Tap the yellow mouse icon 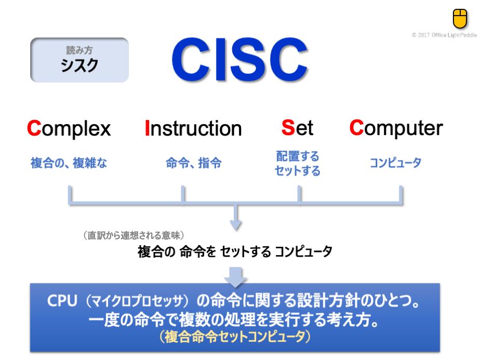460,18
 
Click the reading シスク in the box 79,65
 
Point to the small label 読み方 79,50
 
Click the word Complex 69,129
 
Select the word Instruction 193,128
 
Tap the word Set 297,128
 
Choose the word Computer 396,128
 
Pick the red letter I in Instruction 147,128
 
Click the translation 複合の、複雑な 69,163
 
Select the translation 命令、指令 193,163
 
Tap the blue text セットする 297,171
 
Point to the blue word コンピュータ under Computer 395,163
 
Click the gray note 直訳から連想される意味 134,235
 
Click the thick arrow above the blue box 235,277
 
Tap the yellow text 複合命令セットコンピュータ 235,337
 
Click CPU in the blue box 62,301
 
